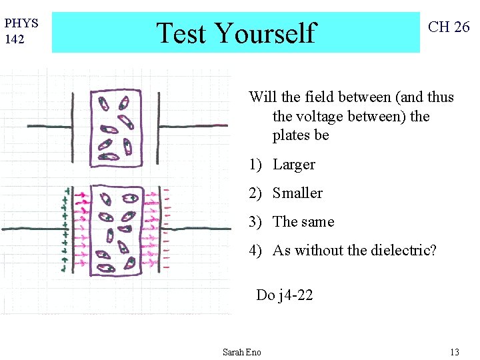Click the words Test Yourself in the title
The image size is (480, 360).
[x=235, y=32]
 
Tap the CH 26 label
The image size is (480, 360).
[x=449, y=27]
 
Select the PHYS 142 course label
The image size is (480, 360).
[x=21, y=31]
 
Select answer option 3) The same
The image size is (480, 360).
[x=292, y=222]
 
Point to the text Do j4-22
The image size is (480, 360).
[x=284, y=295]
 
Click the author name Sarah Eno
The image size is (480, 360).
[x=241, y=352]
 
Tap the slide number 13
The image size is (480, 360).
[x=455, y=352]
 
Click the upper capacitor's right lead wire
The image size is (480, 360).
[x=193, y=125]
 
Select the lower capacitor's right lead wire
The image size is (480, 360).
[x=200, y=229]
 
